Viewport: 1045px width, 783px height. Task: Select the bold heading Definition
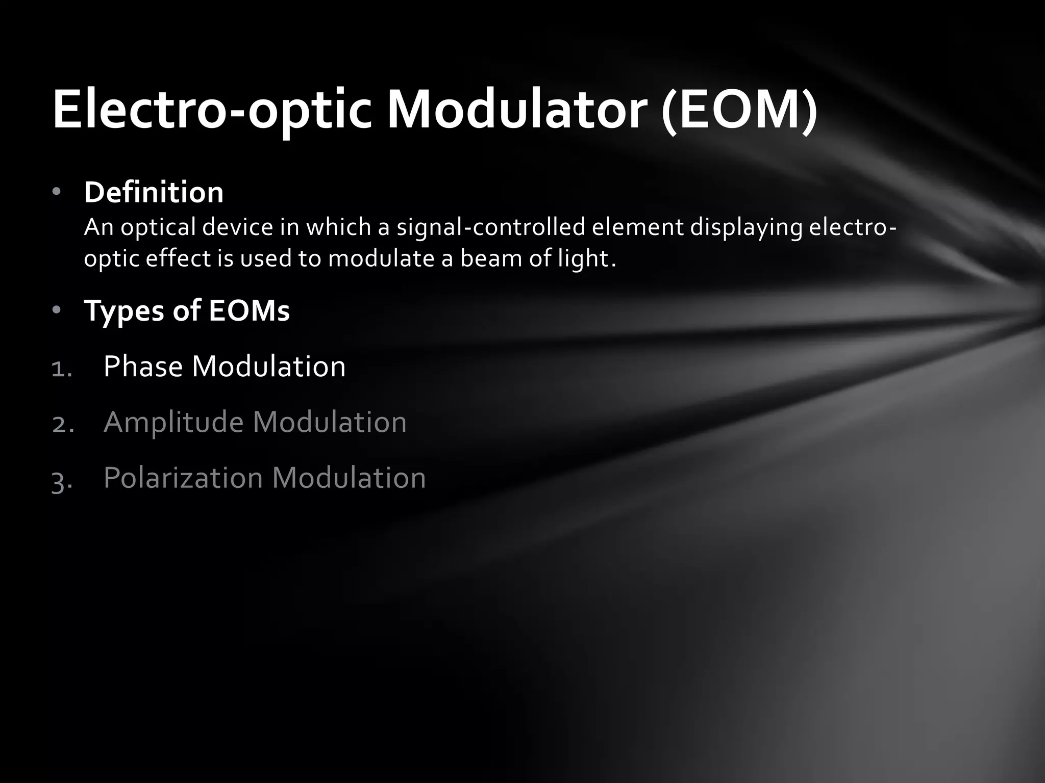click(x=154, y=192)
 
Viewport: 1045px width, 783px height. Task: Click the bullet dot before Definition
click(x=56, y=192)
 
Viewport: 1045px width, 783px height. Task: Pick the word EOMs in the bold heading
click(x=249, y=310)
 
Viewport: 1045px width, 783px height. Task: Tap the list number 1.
click(x=62, y=368)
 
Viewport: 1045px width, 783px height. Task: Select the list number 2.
click(x=63, y=424)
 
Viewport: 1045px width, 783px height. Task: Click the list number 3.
click(x=62, y=481)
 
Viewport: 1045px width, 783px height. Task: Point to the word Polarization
click(x=183, y=478)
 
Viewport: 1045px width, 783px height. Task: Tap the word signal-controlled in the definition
click(x=491, y=227)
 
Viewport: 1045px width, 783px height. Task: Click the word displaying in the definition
click(x=747, y=227)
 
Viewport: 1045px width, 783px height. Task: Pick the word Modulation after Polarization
click(x=349, y=478)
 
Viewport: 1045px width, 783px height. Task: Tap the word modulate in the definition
click(x=381, y=258)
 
